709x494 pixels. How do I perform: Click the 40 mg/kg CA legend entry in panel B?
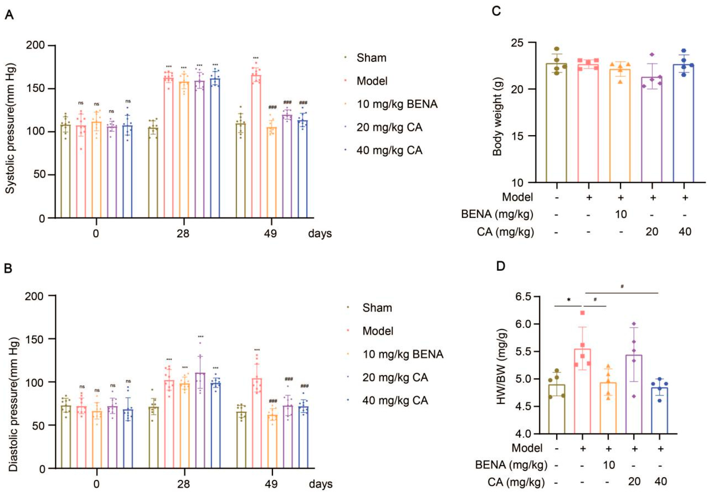pyautogui.click(x=395, y=400)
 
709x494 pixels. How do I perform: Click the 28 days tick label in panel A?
pyautogui.click(x=183, y=233)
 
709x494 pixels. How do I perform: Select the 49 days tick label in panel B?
pyautogui.click(x=271, y=484)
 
